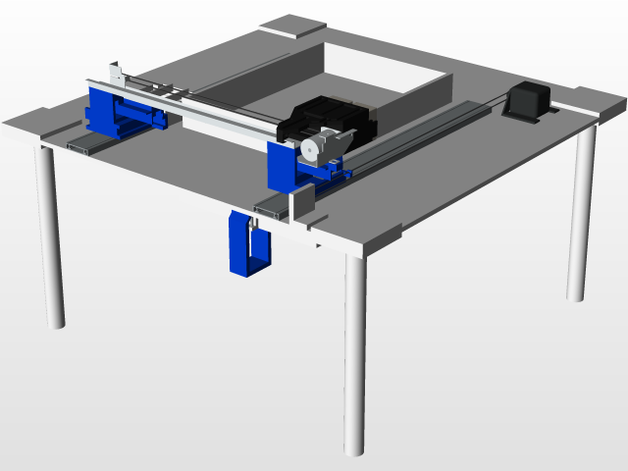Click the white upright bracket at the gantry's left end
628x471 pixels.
click(117, 74)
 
